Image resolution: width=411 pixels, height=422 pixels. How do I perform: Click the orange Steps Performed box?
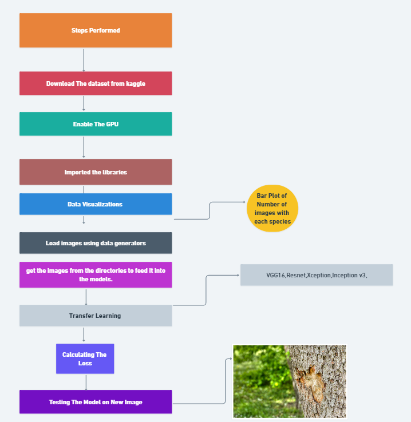point(96,30)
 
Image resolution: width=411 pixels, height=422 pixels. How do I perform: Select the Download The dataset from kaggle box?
point(96,83)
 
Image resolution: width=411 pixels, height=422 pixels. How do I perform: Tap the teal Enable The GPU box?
point(96,124)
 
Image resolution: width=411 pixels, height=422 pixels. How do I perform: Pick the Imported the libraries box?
point(96,172)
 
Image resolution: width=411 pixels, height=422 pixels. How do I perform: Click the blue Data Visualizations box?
point(96,204)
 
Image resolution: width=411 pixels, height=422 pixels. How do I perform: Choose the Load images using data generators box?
point(96,243)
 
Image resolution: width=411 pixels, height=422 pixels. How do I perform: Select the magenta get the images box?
point(96,275)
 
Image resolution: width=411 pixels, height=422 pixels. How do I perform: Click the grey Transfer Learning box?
point(96,316)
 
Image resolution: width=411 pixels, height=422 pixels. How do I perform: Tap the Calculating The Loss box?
point(85,359)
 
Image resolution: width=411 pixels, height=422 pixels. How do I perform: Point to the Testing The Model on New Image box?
point(96,402)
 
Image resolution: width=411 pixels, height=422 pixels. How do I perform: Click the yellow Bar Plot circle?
point(272,208)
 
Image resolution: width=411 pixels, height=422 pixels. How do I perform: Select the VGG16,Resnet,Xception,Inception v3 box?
point(317,275)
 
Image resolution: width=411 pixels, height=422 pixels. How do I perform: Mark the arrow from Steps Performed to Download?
point(84,59)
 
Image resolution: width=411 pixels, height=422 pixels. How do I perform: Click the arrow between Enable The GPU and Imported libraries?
point(84,147)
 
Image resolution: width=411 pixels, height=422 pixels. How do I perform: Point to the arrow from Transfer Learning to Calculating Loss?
point(85,335)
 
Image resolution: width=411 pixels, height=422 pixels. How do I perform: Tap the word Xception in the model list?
point(319,275)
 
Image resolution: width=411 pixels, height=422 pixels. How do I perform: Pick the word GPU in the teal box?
point(112,124)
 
